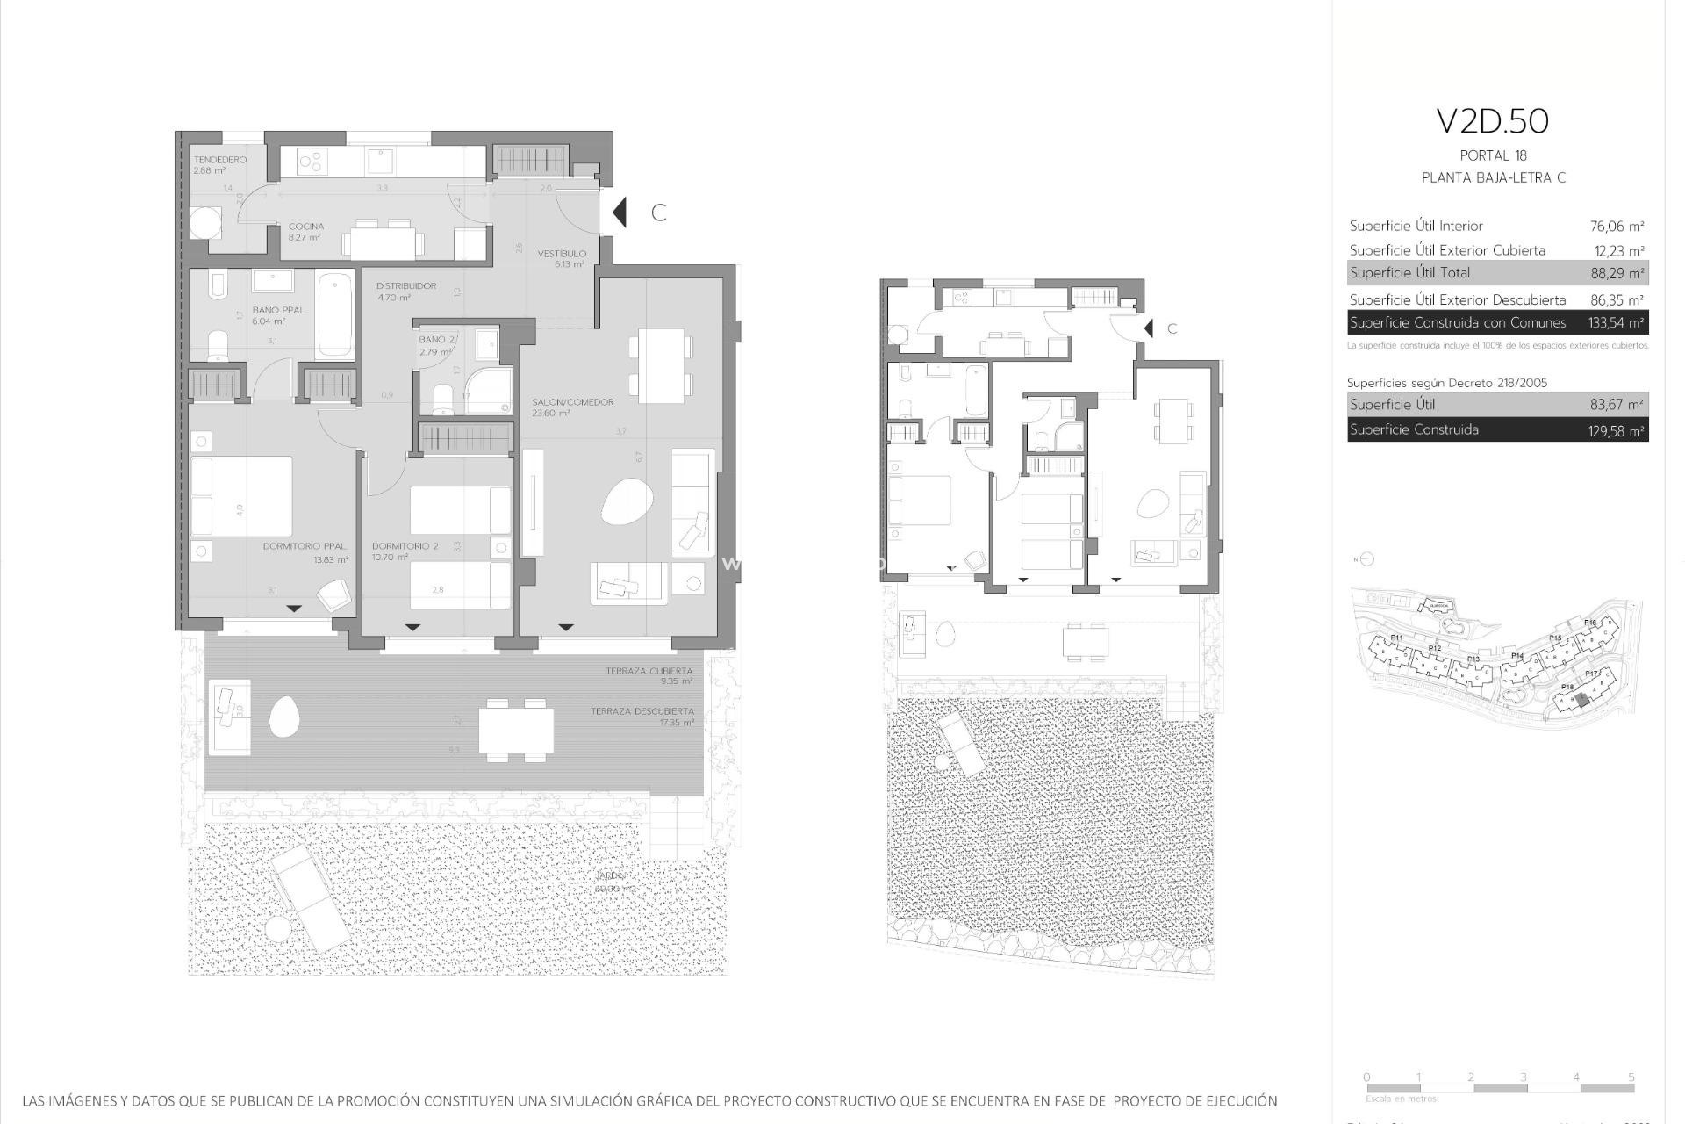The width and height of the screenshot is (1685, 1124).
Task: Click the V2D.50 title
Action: [x=1492, y=122]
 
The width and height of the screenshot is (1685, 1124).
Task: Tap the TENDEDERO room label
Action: [x=219, y=160]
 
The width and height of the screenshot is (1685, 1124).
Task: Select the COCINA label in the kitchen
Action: [x=306, y=227]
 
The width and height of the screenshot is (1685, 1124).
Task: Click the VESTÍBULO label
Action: [x=562, y=254]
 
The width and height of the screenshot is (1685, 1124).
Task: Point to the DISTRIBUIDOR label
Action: [x=406, y=286]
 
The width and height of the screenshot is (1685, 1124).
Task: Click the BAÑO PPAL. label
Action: [x=279, y=310]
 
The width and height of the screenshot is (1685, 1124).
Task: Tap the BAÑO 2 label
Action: [x=437, y=340]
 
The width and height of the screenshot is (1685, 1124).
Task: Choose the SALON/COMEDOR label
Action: [x=572, y=402]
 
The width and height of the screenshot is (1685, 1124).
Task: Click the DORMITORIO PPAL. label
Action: [x=305, y=546]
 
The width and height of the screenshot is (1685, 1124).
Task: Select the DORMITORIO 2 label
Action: [x=405, y=546]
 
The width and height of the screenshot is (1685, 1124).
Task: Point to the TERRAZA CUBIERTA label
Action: [x=649, y=671]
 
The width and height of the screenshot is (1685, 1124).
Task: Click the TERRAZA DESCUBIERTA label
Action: [x=642, y=711]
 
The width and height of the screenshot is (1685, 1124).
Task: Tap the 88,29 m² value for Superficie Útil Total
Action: [x=1617, y=273]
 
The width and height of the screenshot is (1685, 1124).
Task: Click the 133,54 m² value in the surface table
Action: [x=1616, y=323]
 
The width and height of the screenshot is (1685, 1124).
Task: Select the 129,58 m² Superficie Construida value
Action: [x=1617, y=430]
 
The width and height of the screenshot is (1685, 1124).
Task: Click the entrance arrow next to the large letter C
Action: [x=620, y=213]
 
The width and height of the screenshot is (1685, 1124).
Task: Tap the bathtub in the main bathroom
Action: [x=334, y=314]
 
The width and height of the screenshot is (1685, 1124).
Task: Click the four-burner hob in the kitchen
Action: [x=312, y=161]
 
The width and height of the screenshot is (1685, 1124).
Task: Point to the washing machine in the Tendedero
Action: [x=205, y=221]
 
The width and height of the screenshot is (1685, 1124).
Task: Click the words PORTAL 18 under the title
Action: [x=1493, y=156]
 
